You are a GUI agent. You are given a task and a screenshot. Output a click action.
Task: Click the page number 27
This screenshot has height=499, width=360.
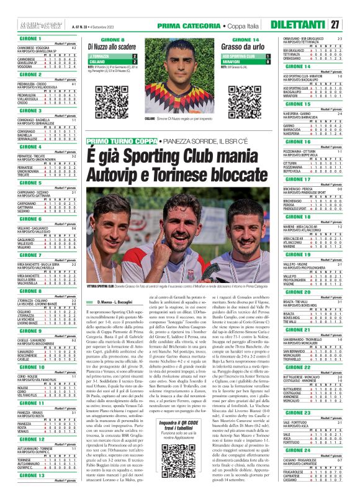[x=351, y=25]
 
